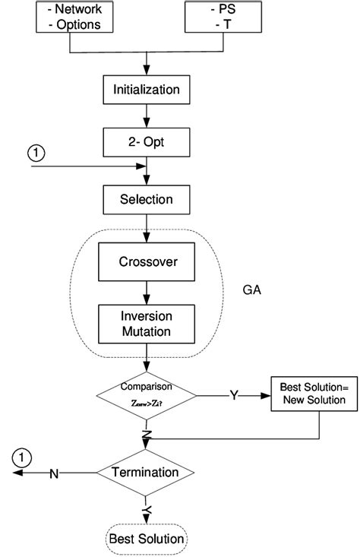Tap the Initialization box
pyautogui.click(x=147, y=90)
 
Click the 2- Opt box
pyautogui.click(x=147, y=142)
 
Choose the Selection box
pyautogui.click(x=147, y=200)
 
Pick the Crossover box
pyautogui.click(x=147, y=263)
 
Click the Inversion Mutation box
pyautogui.click(x=147, y=323)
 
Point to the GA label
pyautogui.click(x=252, y=291)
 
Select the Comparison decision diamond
pyautogui.click(x=147, y=395)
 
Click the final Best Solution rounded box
pyautogui.click(x=147, y=540)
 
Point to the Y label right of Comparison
pyautogui.click(x=234, y=396)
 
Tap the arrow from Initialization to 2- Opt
pyautogui.click(x=147, y=116)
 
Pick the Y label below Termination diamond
pyautogui.click(x=147, y=510)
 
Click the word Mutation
pyautogui.click(x=147, y=331)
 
